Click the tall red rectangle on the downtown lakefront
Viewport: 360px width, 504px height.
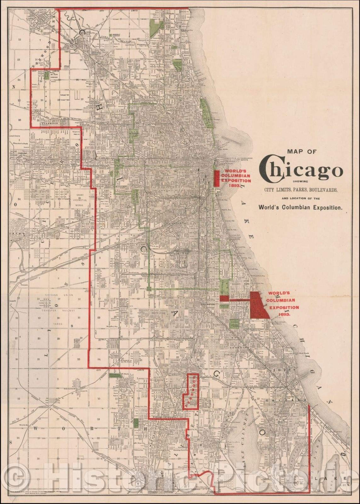pyautogui.click(x=217, y=178)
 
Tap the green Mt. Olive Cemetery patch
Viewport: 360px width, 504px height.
pyautogui.click(x=47, y=75)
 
